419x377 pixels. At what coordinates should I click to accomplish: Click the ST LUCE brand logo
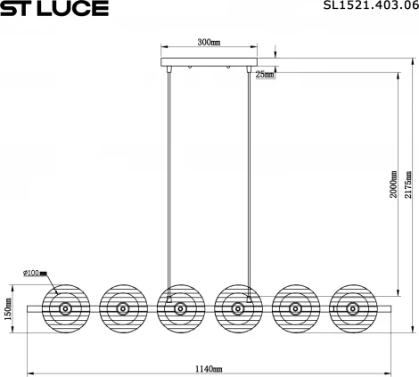pyautogui.click(x=54, y=9)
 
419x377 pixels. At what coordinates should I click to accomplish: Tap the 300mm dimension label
pyautogui.click(x=209, y=42)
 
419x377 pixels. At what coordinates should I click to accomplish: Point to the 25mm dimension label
pyautogui.click(x=264, y=75)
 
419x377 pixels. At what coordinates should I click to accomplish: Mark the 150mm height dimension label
pyautogui.click(x=8, y=308)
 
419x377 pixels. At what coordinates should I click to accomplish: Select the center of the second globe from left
pyautogui.click(x=122, y=307)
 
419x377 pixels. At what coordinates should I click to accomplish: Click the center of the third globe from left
pyautogui.click(x=180, y=307)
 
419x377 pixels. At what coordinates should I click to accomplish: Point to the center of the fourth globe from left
pyautogui.click(x=237, y=307)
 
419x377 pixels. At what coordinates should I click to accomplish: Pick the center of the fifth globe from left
pyautogui.click(x=294, y=307)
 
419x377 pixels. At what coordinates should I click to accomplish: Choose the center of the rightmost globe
pyautogui.click(x=352, y=307)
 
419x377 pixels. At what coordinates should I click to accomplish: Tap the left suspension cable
pyautogui.click(x=168, y=178)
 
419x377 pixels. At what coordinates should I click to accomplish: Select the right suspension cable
pyautogui.click(x=251, y=178)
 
